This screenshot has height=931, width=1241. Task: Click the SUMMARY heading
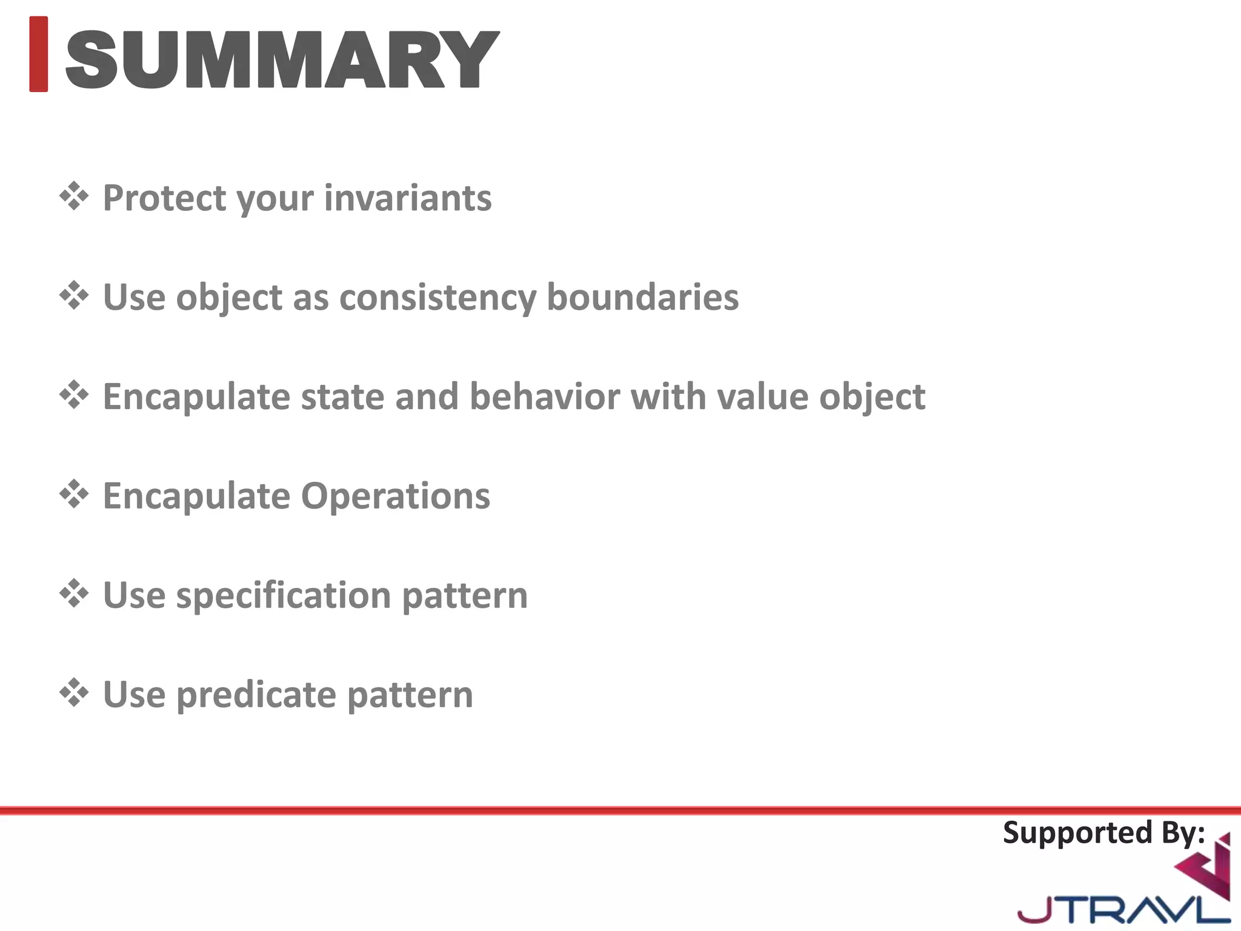282,59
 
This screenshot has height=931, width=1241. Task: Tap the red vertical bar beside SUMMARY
38,54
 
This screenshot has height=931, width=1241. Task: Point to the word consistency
438,297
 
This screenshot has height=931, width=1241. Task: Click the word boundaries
642,297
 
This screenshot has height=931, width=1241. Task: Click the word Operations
396,496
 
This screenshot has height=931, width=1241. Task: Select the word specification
283,595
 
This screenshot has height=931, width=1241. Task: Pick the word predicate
256,695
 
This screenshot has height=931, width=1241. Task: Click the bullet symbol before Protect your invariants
74,196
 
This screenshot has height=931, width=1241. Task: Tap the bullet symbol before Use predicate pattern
74,693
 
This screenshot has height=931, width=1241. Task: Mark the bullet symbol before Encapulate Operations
74,495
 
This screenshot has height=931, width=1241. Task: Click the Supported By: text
1103,833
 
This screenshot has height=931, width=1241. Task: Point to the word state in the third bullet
342,396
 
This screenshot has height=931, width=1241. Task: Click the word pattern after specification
465,595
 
